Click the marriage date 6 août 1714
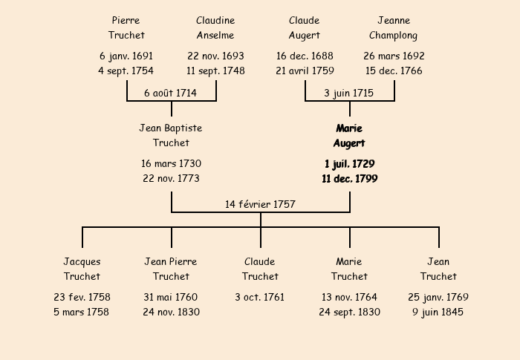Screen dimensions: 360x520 click(171, 93)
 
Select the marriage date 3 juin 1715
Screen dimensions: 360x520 click(349, 93)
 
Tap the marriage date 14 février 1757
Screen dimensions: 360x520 click(261, 204)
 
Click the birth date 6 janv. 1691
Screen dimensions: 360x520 click(126, 56)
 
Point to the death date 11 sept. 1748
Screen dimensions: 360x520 click(215, 71)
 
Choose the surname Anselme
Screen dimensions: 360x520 click(215, 35)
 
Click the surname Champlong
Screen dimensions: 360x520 click(394, 35)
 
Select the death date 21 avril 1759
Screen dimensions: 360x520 click(305, 71)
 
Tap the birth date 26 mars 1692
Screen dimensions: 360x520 click(394, 56)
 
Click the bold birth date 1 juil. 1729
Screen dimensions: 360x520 click(349, 163)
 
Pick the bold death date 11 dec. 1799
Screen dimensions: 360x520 click(349, 179)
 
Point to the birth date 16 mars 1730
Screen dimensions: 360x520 click(171, 163)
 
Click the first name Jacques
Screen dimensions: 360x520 click(82, 261)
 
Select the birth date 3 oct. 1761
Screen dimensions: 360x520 click(260, 297)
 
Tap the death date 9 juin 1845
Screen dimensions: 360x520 click(438, 312)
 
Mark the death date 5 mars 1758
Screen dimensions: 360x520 click(82, 312)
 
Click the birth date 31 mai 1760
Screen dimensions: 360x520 click(171, 297)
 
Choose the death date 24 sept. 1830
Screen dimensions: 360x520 click(349, 312)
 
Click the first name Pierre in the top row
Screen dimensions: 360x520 click(126, 20)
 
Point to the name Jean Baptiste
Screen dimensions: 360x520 click(171, 128)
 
